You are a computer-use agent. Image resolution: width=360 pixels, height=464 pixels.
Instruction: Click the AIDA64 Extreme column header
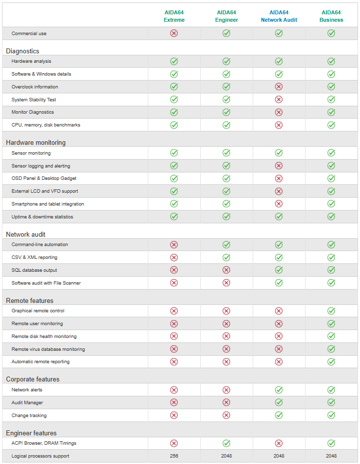click(x=174, y=16)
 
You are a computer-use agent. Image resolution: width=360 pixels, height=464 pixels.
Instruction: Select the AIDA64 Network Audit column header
click(x=279, y=16)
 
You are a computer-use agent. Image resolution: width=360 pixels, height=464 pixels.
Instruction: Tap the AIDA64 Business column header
click(x=331, y=16)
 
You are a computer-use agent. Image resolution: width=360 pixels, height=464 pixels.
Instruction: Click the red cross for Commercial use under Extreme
click(x=174, y=33)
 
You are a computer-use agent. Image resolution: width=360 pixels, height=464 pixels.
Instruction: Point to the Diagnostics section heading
click(x=22, y=51)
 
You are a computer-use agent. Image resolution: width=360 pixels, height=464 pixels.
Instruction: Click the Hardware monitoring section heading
click(x=36, y=142)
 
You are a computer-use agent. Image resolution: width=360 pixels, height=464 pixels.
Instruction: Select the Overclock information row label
click(x=35, y=87)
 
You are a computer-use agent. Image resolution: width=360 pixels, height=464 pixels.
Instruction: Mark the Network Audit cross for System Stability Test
click(x=279, y=99)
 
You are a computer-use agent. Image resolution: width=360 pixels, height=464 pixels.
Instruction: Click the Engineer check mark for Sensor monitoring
click(x=226, y=153)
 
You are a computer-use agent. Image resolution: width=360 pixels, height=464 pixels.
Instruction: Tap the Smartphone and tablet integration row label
click(x=47, y=204)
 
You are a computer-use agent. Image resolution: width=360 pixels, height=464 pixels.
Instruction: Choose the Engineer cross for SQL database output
click(x=226, y=270)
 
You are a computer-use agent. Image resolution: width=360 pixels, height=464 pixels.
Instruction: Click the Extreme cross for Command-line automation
click(x=174, y=245)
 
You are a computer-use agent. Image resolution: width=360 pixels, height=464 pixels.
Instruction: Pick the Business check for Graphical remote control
click(x=331, y=311)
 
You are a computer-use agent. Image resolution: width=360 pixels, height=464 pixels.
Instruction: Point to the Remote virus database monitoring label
click(x=48, y=349)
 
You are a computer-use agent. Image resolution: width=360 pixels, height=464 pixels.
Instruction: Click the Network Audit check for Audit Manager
click(x=279, y=403)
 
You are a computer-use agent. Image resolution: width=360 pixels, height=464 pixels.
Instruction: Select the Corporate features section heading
click(x=33, y=379)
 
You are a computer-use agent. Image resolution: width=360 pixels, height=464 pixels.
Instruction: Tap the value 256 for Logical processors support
click(x=174, y=456)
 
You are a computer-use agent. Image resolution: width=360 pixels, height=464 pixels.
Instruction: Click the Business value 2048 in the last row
click(x=331, y=456)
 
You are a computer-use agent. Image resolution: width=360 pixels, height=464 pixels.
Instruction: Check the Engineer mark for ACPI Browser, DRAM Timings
click(x=226, y=443)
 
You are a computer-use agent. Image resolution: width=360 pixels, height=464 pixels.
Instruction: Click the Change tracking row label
click(x=29, y=416)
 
